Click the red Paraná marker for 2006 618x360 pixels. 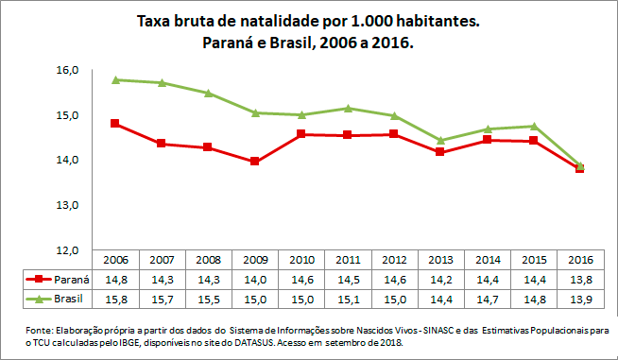[114, 123]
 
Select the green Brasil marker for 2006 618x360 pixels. [114, 79]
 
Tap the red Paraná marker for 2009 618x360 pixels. [254, 162]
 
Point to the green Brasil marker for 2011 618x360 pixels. [348, 109]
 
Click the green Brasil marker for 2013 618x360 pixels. [440, 141]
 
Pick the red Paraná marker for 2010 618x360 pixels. [301, 134]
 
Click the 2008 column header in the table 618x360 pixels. [208, 260]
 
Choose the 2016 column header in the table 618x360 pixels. [580, 260]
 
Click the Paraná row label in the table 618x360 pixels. [69, 280]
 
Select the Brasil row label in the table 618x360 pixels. [69, 300]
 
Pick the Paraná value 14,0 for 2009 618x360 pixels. [254, 280]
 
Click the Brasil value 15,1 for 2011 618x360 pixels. [348, 300]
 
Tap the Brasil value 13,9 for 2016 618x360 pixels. [580, 300]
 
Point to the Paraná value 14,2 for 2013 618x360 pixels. [440, 280]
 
